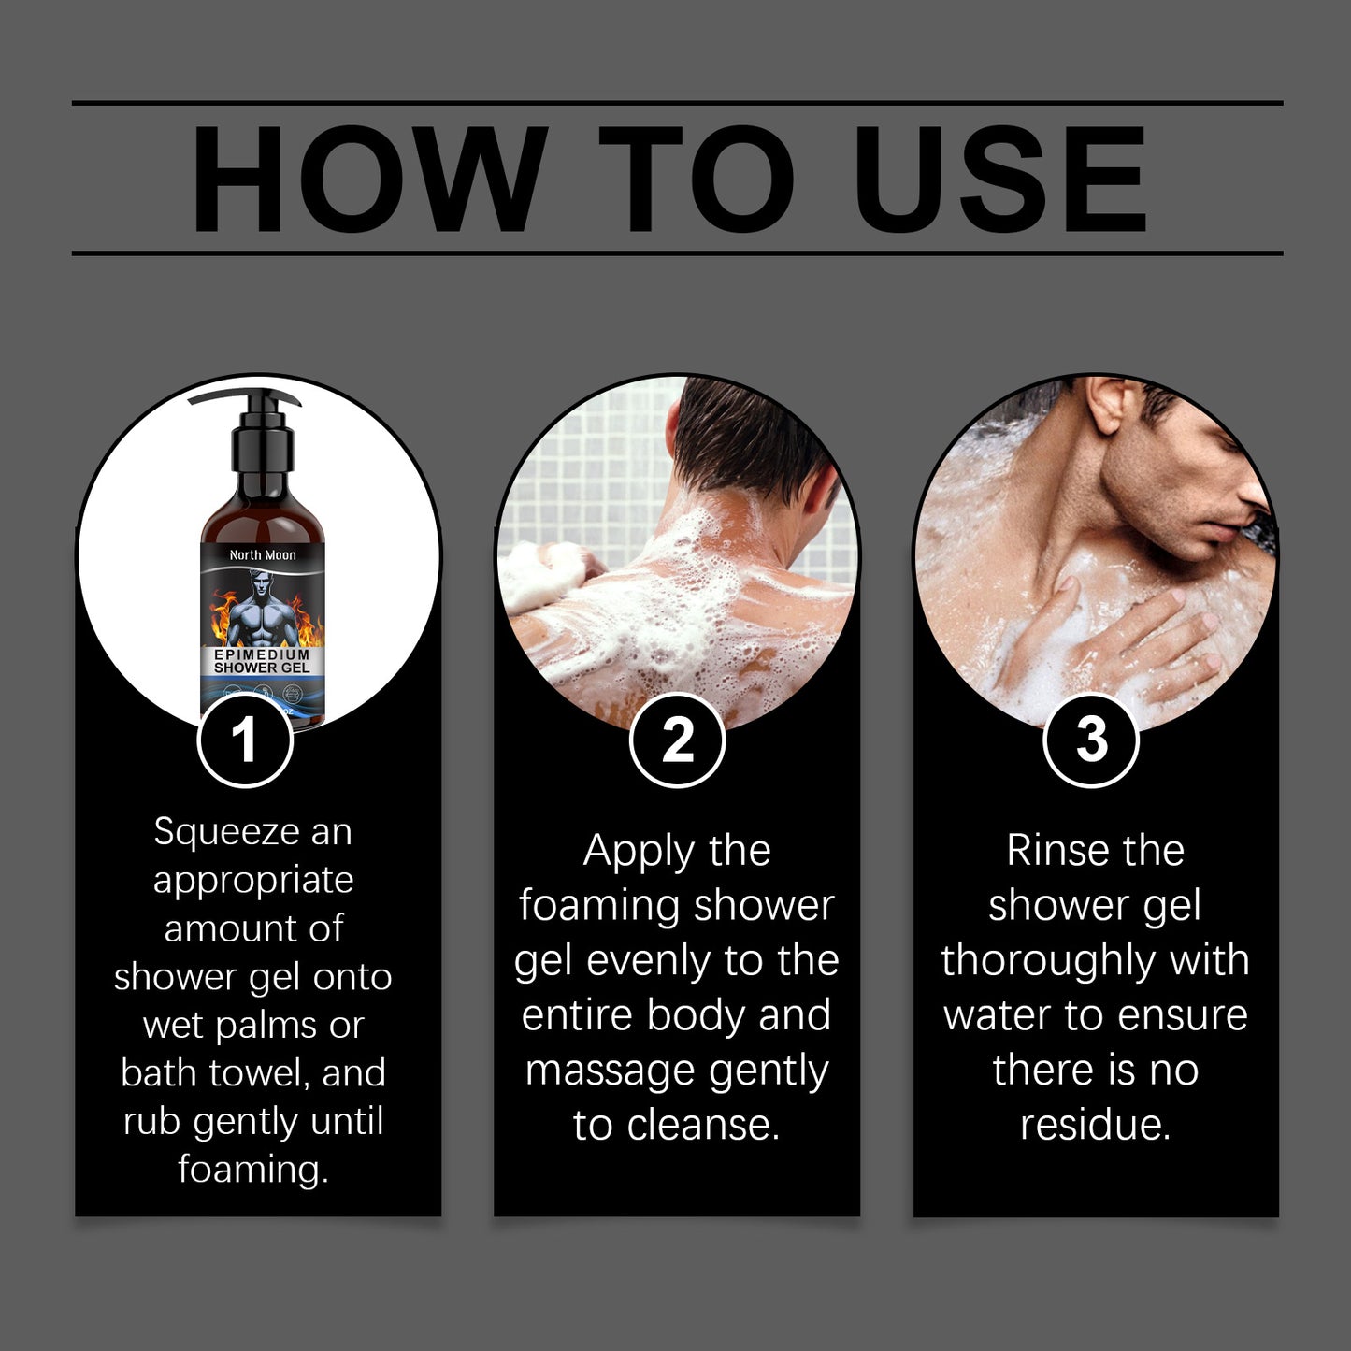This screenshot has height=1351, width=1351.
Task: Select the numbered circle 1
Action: click(245, 740)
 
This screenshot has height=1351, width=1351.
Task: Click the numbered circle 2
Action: click(677, 740)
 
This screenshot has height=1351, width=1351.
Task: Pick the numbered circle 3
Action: click(1090, 740)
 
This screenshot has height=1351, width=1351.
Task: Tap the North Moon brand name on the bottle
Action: click(263, 555)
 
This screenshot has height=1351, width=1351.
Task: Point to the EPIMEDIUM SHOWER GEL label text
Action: click(262, 661)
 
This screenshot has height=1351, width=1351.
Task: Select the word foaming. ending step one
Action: click(253, 1170)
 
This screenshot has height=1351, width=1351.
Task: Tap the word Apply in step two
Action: click(639, 852)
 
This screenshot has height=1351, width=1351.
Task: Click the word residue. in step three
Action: click(1095, 1125)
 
